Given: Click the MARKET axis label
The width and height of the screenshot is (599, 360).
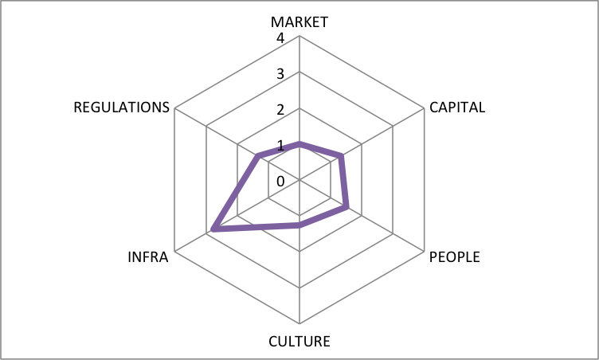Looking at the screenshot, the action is [x=299, y=22].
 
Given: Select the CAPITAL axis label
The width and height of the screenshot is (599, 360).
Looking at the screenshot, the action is [x=457, y=108].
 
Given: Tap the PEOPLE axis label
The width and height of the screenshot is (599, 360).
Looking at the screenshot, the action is [x=455, y=257].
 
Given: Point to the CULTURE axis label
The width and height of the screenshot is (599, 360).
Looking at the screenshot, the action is [x=299, y=341].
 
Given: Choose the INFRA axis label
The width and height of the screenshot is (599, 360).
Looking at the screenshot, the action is [x=148, y=257].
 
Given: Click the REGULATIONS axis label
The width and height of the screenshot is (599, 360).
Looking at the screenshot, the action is [x=122, y=108].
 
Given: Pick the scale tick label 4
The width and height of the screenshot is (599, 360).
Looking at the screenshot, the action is [x=280, y=38].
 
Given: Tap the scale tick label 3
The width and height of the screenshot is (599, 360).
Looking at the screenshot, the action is [x=280, y=74].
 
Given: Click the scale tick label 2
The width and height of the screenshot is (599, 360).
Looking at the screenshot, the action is [x=280, y=110].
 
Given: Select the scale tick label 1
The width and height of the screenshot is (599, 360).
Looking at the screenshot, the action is [x=280, y=146].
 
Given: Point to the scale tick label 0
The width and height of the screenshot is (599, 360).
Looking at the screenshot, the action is [x=280, y=182].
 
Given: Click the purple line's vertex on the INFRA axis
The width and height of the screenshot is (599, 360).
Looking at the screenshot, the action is [x=213, y=229].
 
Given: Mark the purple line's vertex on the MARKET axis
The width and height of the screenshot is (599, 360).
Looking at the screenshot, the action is [x=299, y=143].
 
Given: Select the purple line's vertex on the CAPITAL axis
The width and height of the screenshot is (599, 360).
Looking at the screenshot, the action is [x=342, y=155].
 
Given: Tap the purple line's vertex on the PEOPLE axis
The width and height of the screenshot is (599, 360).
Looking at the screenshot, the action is [x=346, y=208].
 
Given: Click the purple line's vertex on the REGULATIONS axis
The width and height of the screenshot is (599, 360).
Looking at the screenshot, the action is [x=258, y=155].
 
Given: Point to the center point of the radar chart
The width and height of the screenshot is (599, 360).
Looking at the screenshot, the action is [x=299, y=180].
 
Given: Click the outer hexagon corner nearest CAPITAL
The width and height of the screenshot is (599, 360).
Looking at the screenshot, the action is [x=424, y=108].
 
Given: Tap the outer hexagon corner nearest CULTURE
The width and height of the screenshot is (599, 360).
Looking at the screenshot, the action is [x=299, y=323].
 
